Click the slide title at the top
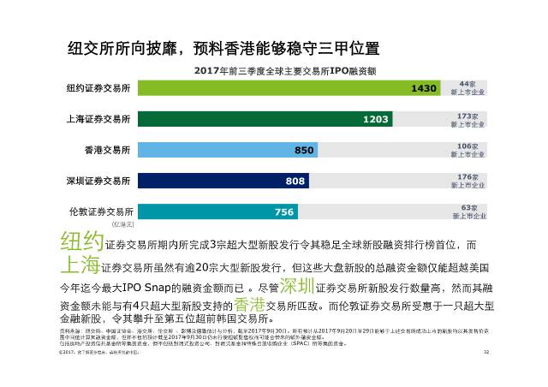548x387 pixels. pyautogui.click(x=223, y=48)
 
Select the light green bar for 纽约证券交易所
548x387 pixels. pyautogui.click(x=257, y=88)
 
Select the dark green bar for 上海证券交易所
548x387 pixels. pyautogui.click(x=240, y=119)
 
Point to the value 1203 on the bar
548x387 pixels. pyautogui.click(x=376, y=119)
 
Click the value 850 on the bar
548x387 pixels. pyautogui.click(x=304, y=150)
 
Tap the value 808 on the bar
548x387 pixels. pyautogui.click(x=295, y=181)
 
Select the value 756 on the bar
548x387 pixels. pyautogui.click(x=284, y=211)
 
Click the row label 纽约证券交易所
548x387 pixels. pyautogui.click(x=99, y=89)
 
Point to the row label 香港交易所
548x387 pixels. pyautogui.click(x=110, y=151)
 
